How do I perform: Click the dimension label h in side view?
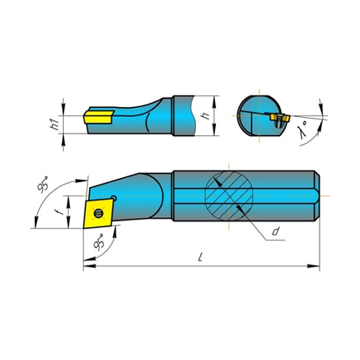click(207, 116)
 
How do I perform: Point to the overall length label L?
click(200, 257)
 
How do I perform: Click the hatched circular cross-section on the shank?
click(229, 196)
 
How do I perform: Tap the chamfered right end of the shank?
click(316, 196)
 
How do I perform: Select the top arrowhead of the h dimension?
click(215, 100)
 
